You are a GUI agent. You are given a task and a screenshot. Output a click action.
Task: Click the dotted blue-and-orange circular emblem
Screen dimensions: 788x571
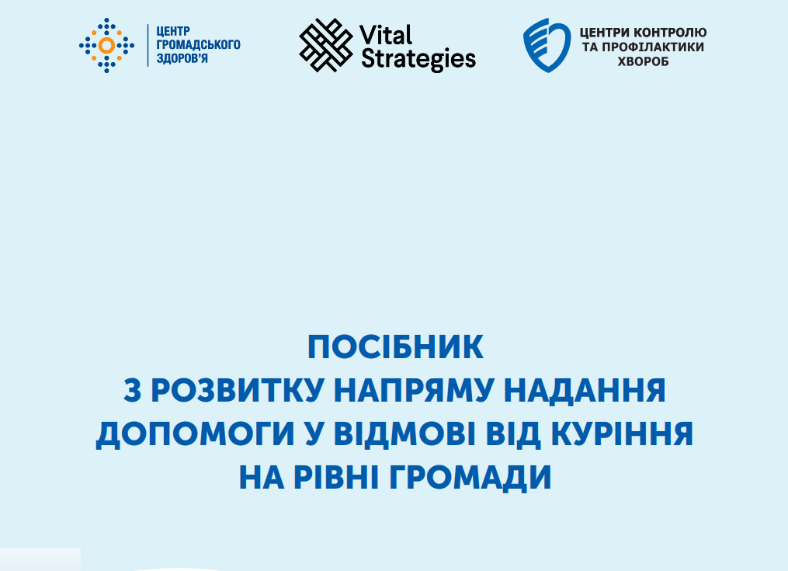coord(106,45)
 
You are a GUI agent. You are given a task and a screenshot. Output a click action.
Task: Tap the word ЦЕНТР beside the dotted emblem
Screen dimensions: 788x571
coord(173,31)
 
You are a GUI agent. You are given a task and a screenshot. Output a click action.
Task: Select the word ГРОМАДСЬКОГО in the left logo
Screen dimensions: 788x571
coord(199,45)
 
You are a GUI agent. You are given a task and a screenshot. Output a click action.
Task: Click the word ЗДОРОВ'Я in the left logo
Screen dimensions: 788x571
coord(182,58)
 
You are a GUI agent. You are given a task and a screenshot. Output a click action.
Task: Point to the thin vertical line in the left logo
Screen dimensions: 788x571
coord(148,45)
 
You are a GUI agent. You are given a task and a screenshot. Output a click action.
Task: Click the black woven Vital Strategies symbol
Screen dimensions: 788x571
coord(326,45)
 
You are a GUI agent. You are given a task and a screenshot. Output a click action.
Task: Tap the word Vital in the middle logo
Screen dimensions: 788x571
coord(386,35)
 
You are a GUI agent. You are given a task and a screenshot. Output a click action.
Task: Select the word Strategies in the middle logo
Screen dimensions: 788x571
coord(418,59)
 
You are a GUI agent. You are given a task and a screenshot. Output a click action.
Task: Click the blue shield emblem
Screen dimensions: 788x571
coord(547,45)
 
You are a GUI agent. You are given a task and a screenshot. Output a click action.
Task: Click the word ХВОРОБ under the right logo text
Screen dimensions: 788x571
coord(644,62)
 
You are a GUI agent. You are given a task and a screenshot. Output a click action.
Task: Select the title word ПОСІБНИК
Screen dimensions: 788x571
coord(395,347)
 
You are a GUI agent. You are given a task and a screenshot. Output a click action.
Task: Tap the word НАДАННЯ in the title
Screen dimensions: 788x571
coord(585,391)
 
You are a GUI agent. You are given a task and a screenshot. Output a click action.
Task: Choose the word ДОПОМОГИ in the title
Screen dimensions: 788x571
coord(195,433)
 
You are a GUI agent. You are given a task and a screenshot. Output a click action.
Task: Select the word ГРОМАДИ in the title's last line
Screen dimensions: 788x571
coord(470,478)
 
